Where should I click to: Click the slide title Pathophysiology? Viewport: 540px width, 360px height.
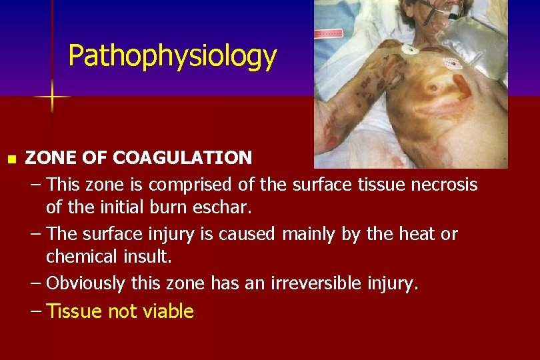(x=172, y=57)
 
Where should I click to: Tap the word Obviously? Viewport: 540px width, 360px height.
(x=85, y=283)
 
